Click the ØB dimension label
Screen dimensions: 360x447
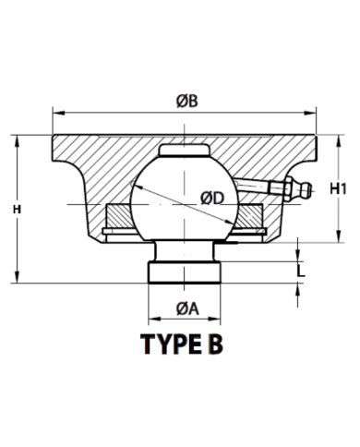tap(187, 101)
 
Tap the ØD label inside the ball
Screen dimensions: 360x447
tap(213, 199)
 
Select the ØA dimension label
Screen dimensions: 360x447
tap(187, 308)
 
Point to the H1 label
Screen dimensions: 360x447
tap(338, 188)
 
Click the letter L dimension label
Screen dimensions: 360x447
tap(301, 271)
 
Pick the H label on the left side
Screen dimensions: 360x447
tap(17, 210)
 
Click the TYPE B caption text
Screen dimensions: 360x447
tap(182, 344)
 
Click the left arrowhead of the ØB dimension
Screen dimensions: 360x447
tap(58, 114)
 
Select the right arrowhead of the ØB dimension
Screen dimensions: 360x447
tap(310, 114)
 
